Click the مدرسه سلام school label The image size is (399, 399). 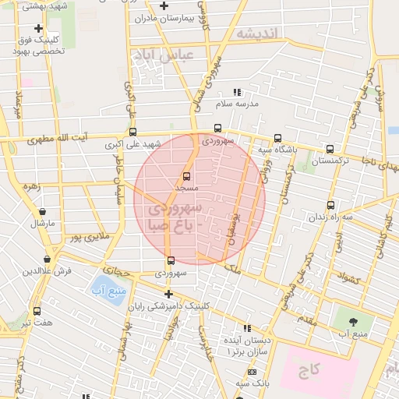[x=235, y=103]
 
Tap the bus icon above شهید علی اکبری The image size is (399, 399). [x=133, y=132]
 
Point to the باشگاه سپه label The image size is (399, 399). [x=277, y=149]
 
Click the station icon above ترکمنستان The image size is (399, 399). [x=330, y=149]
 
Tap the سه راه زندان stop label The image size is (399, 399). [x=331, y=217]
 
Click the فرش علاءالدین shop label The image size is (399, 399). [x=47, y=270]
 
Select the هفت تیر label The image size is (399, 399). [x=37, y=322]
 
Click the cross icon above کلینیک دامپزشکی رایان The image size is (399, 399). [x=168, y=294]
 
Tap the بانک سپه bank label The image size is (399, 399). [x=253, y=384]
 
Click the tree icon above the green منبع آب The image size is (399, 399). [x=354, y=321]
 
